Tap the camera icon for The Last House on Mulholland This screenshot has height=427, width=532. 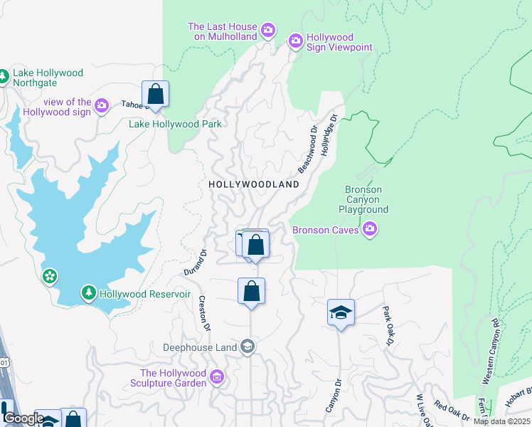coord(268,30)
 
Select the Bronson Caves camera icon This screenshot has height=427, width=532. coord(370,229)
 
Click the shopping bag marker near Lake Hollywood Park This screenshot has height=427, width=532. coord(156,95)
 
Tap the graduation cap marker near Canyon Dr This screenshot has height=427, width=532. coord(341,312)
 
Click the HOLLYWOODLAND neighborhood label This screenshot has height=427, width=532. coord(253,184)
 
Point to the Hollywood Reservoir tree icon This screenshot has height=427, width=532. coord(88,293)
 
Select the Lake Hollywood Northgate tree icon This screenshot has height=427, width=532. coord(4,75)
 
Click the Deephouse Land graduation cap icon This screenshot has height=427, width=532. coord(247,347)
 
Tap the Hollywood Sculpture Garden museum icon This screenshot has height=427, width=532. coord(217,376)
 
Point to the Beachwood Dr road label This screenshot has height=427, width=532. coord(307,150)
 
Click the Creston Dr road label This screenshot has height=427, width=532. coord(205,313)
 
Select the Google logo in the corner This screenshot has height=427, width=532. coord(23,418)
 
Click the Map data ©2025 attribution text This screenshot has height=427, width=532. coord(501,421)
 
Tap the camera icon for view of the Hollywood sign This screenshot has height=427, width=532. coord(101,106)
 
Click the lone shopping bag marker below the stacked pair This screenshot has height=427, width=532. coord(251,292)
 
